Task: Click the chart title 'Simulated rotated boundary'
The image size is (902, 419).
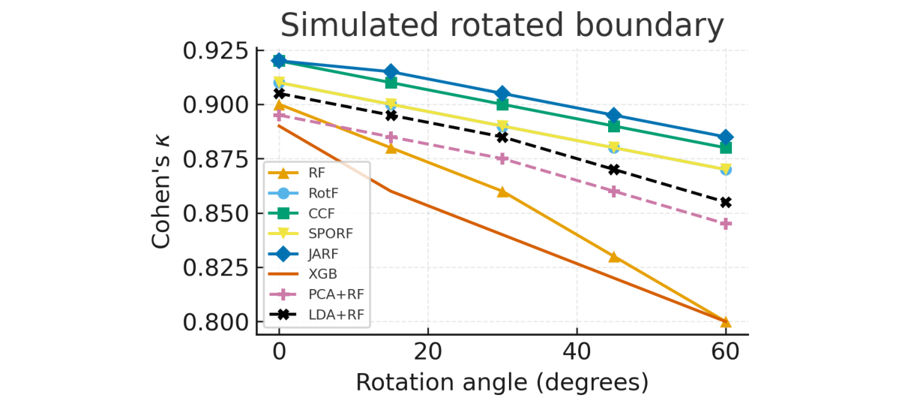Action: [502, 26]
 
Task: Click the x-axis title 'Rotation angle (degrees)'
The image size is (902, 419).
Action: [502, 381]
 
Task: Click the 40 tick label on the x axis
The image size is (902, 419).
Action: [576, 351]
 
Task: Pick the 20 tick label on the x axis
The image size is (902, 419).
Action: [427, 351]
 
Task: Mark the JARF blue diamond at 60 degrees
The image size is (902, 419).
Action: [726, 137]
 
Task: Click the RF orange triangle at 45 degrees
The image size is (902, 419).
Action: [614, 257]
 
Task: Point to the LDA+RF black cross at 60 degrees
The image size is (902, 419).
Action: [726, 203]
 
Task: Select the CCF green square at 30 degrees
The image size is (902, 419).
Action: [502, 104]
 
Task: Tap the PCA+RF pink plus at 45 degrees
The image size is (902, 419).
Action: [614, 191]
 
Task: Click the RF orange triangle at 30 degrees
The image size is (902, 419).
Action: [502, 191]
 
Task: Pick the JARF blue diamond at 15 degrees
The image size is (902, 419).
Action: [391, 72]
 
